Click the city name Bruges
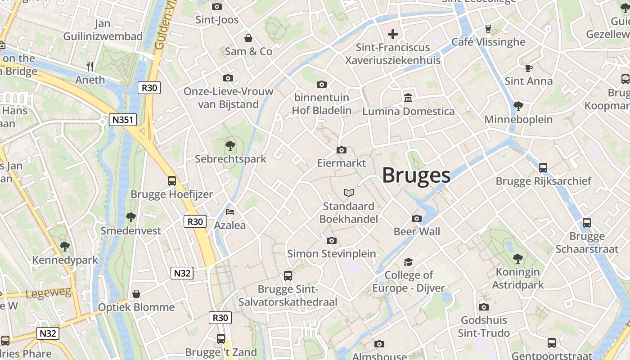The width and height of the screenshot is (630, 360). [x=416, y=175]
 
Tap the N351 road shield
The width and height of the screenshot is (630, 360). [x=123, y=120]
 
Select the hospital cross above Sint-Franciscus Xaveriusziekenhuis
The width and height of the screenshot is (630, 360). [x=393, y=34]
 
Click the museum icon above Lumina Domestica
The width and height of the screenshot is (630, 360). [x=408, y=98]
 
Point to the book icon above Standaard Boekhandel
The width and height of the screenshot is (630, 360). [x=349, y=193]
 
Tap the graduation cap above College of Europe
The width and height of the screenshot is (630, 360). [x=408, y=262]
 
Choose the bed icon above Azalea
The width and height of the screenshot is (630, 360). [x=230, y=211]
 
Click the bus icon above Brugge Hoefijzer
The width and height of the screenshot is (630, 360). [x=172, y=181]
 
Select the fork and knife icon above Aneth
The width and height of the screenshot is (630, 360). [x=90, y=67]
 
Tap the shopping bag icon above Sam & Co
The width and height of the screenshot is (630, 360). [x=248, y=38]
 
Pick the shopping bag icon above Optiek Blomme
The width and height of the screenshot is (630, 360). [x=136, y=294]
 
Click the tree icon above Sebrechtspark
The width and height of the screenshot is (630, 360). [x=230, y=146]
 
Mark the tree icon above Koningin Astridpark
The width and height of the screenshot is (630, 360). [x=518, y=259]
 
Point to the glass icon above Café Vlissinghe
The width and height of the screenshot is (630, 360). [x=488, y=29]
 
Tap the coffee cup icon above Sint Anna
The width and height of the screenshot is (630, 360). [x=529, y=68]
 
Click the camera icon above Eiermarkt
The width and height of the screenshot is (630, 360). [x=342, y=150]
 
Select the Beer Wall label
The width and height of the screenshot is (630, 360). [x=417, y=232]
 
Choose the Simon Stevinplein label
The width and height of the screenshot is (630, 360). [x=332, y=254]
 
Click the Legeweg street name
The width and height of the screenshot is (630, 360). [x=49, y=293]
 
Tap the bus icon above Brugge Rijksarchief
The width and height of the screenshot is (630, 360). [x=543, y=168]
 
